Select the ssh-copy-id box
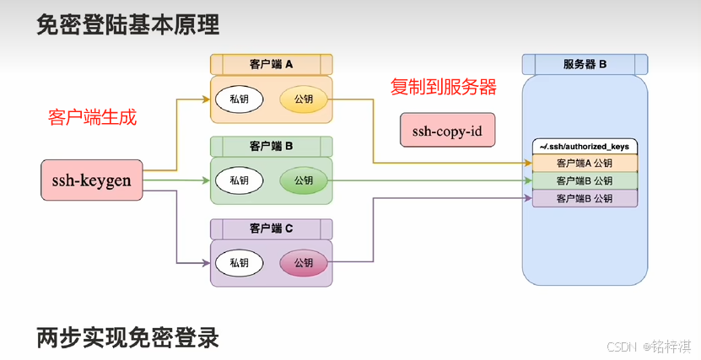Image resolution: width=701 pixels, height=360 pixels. pos(447,132)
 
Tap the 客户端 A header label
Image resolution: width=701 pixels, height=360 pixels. pos(271,64)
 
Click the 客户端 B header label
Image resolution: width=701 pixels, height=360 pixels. pos(271,146)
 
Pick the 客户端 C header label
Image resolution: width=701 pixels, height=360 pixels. pos(271,228)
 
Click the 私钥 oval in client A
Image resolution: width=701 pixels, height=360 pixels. pos(239,99)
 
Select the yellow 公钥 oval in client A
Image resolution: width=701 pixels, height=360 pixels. pos(303,99)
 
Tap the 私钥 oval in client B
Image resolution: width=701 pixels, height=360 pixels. pos(239,180)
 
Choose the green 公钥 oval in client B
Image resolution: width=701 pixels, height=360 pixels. pos(303,180)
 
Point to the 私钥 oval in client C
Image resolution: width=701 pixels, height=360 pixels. pos(239,263)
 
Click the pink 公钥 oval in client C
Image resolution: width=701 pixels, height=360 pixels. pos(303,263)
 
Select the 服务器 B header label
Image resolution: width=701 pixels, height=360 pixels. pos(585,64)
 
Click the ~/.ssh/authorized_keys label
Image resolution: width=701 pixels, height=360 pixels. pos(585,147)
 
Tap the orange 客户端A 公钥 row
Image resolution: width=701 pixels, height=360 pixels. pos(585,164)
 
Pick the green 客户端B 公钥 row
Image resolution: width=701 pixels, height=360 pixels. pos(585,180)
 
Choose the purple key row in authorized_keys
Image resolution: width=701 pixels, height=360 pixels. pos(585,198)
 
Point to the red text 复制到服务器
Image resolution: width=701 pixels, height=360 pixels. pos(443,87)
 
